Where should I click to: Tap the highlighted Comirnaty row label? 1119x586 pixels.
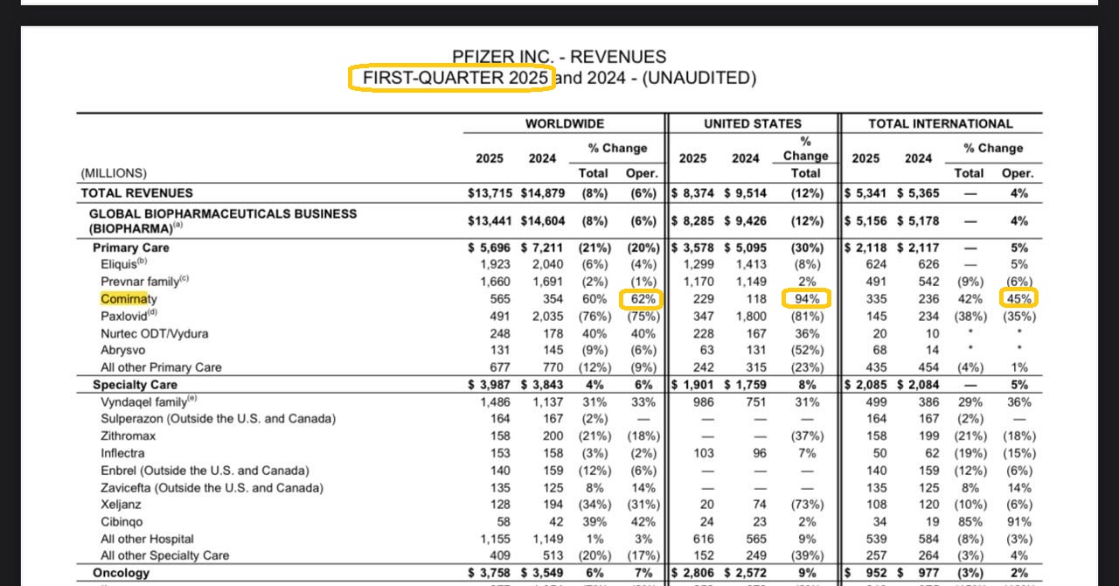[129, 299]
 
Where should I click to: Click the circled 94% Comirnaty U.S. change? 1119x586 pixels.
[805, 299]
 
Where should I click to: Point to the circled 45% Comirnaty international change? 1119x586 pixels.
[1018, 299]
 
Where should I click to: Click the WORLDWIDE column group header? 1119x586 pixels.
[564, 124]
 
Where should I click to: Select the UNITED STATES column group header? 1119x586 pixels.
[752, 124]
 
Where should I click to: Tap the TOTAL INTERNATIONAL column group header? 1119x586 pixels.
[940, 124]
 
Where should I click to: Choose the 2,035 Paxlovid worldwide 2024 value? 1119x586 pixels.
[542, 316]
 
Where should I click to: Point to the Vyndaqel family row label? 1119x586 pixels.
[143, 401]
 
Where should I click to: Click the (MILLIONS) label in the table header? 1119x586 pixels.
[114, 173]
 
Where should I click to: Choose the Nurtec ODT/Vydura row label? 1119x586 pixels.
[154, 333]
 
